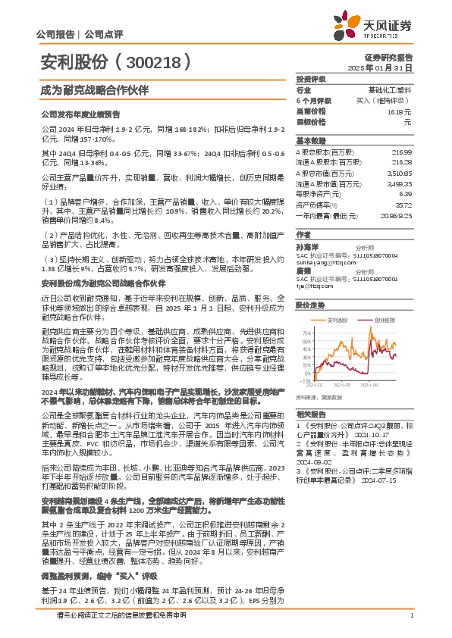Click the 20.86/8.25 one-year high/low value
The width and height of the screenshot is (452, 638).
(x=396, y=215)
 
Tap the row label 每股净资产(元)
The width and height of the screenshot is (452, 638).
(x=319, y=194)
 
